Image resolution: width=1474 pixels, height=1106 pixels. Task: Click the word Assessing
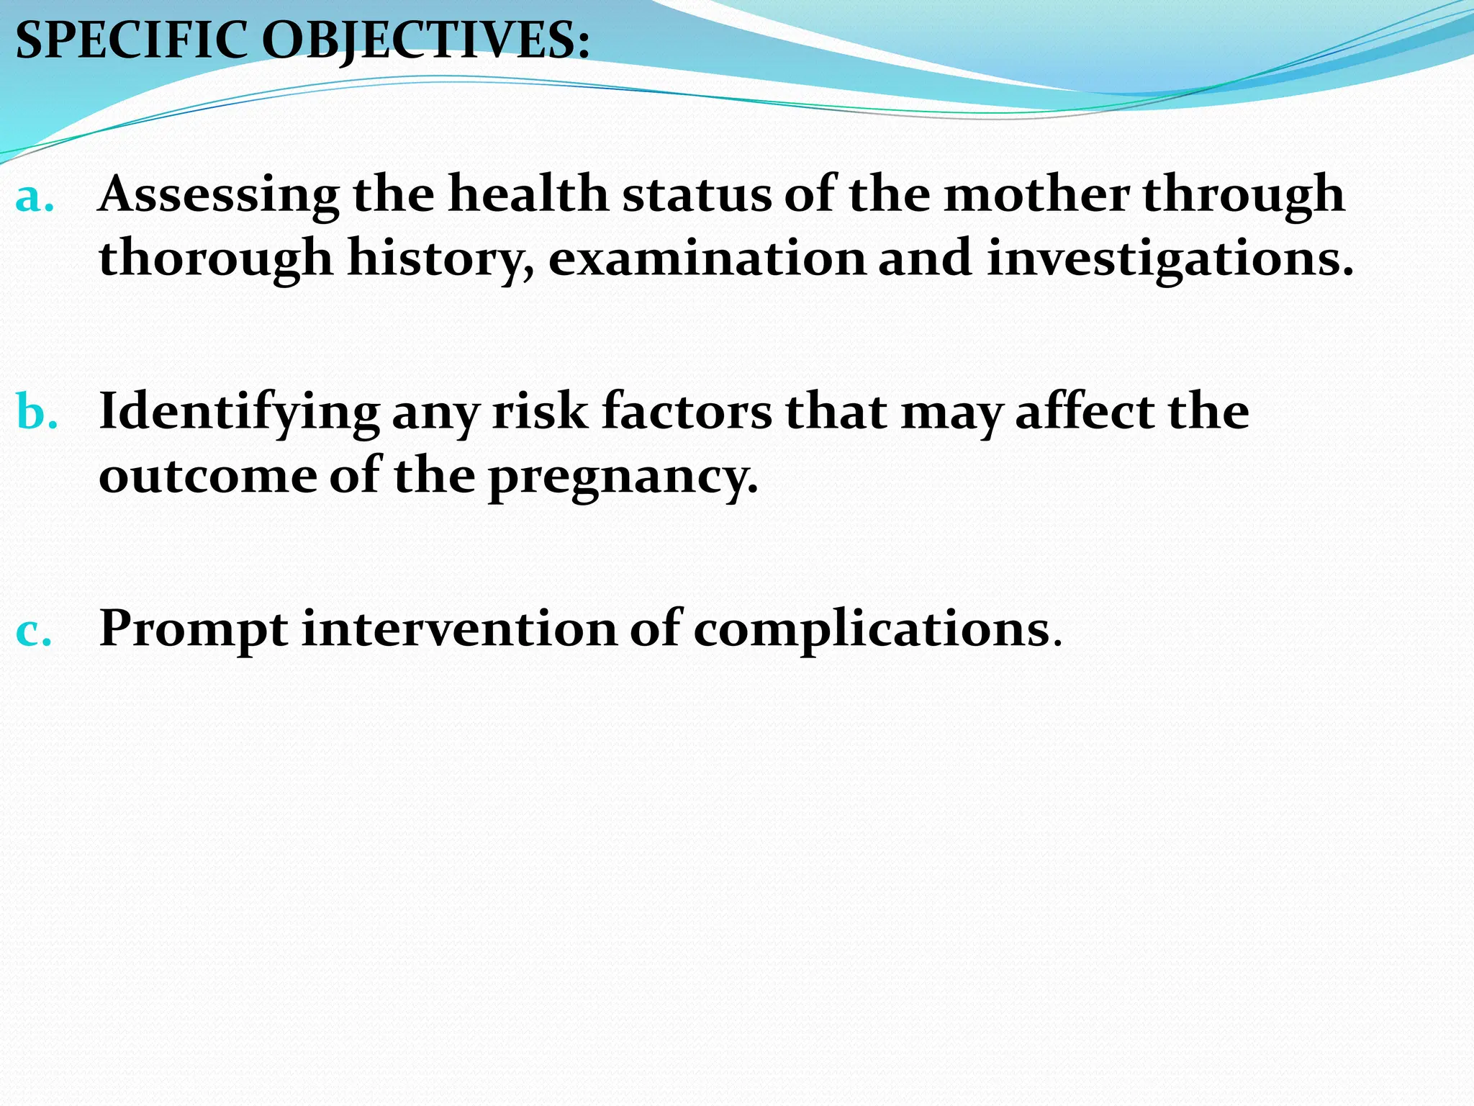(x=219, y=196)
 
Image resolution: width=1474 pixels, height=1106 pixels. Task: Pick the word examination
(x=707, y=258)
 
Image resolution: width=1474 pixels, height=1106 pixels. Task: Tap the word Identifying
(x=239, y=413)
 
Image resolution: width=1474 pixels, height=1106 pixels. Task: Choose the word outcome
(x=207, y=477)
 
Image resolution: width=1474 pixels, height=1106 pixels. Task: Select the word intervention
(x=459, y=629)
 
